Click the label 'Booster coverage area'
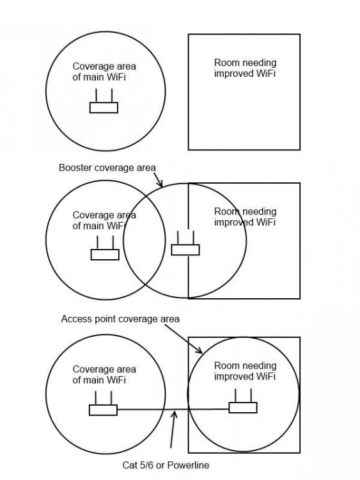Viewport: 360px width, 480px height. point(107,168)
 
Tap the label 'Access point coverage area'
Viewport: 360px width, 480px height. point(120,319)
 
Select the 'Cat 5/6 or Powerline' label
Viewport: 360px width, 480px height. point(166,465)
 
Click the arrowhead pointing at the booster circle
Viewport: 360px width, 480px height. point(160,183)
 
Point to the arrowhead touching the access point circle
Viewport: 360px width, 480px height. point(200,350)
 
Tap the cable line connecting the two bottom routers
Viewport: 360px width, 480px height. point(173,410)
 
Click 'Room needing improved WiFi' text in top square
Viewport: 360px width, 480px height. point(245,68)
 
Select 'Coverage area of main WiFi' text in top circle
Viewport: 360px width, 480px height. point(104,72)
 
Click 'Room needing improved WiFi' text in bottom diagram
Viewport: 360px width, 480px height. point(245,371)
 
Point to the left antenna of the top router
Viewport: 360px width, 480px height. point(96,95)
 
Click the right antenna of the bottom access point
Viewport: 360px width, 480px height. point(251,396)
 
